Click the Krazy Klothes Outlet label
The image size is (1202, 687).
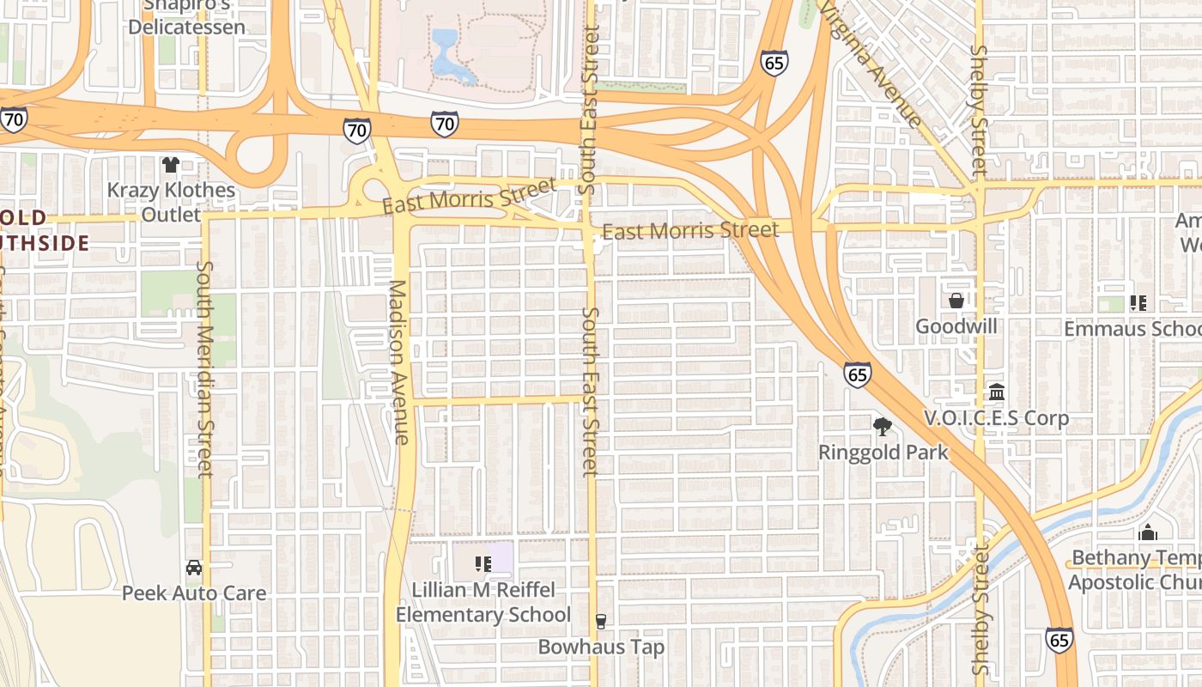170,202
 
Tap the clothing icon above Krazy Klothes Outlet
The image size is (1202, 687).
171,164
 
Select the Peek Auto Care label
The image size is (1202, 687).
194,593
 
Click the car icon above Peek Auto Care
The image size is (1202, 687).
194,568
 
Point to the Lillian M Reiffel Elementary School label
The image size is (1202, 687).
483,602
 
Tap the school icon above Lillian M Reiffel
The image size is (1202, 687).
483,564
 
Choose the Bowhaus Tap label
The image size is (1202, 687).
601,647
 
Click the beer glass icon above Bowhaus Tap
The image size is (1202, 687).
601,622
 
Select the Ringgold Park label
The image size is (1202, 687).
883,452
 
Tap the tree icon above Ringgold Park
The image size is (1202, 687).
882,426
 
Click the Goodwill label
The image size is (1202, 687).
956,326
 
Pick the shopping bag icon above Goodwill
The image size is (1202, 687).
956,301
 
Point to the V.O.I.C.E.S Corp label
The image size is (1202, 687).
996,418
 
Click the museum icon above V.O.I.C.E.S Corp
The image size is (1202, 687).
997,392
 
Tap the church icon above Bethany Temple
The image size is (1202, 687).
1148,532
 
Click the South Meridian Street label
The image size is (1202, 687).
204,369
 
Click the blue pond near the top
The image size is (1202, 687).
448,57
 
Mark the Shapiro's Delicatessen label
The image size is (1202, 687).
186,17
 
